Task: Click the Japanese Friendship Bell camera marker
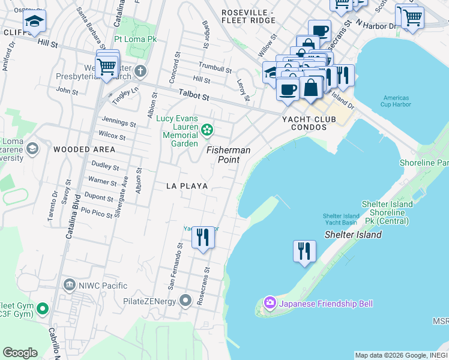[x=270, y=304]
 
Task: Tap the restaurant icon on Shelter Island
[x=304, y=250]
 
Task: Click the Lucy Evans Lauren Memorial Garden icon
[x=207, y=129]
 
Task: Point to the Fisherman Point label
[x=228, y=155]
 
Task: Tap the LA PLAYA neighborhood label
[x=187, y=186]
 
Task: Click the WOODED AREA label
[x=84, y=149]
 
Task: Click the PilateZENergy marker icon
[x=187, y=299]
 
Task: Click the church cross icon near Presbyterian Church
[x=140, y=72]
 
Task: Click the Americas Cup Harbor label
[x=394, y=101]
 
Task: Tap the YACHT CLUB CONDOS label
[x=309, y=123]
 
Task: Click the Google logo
[x=20, y=353]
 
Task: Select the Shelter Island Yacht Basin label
[x=340, y=220]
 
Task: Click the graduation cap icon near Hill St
[x=35, y=23]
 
